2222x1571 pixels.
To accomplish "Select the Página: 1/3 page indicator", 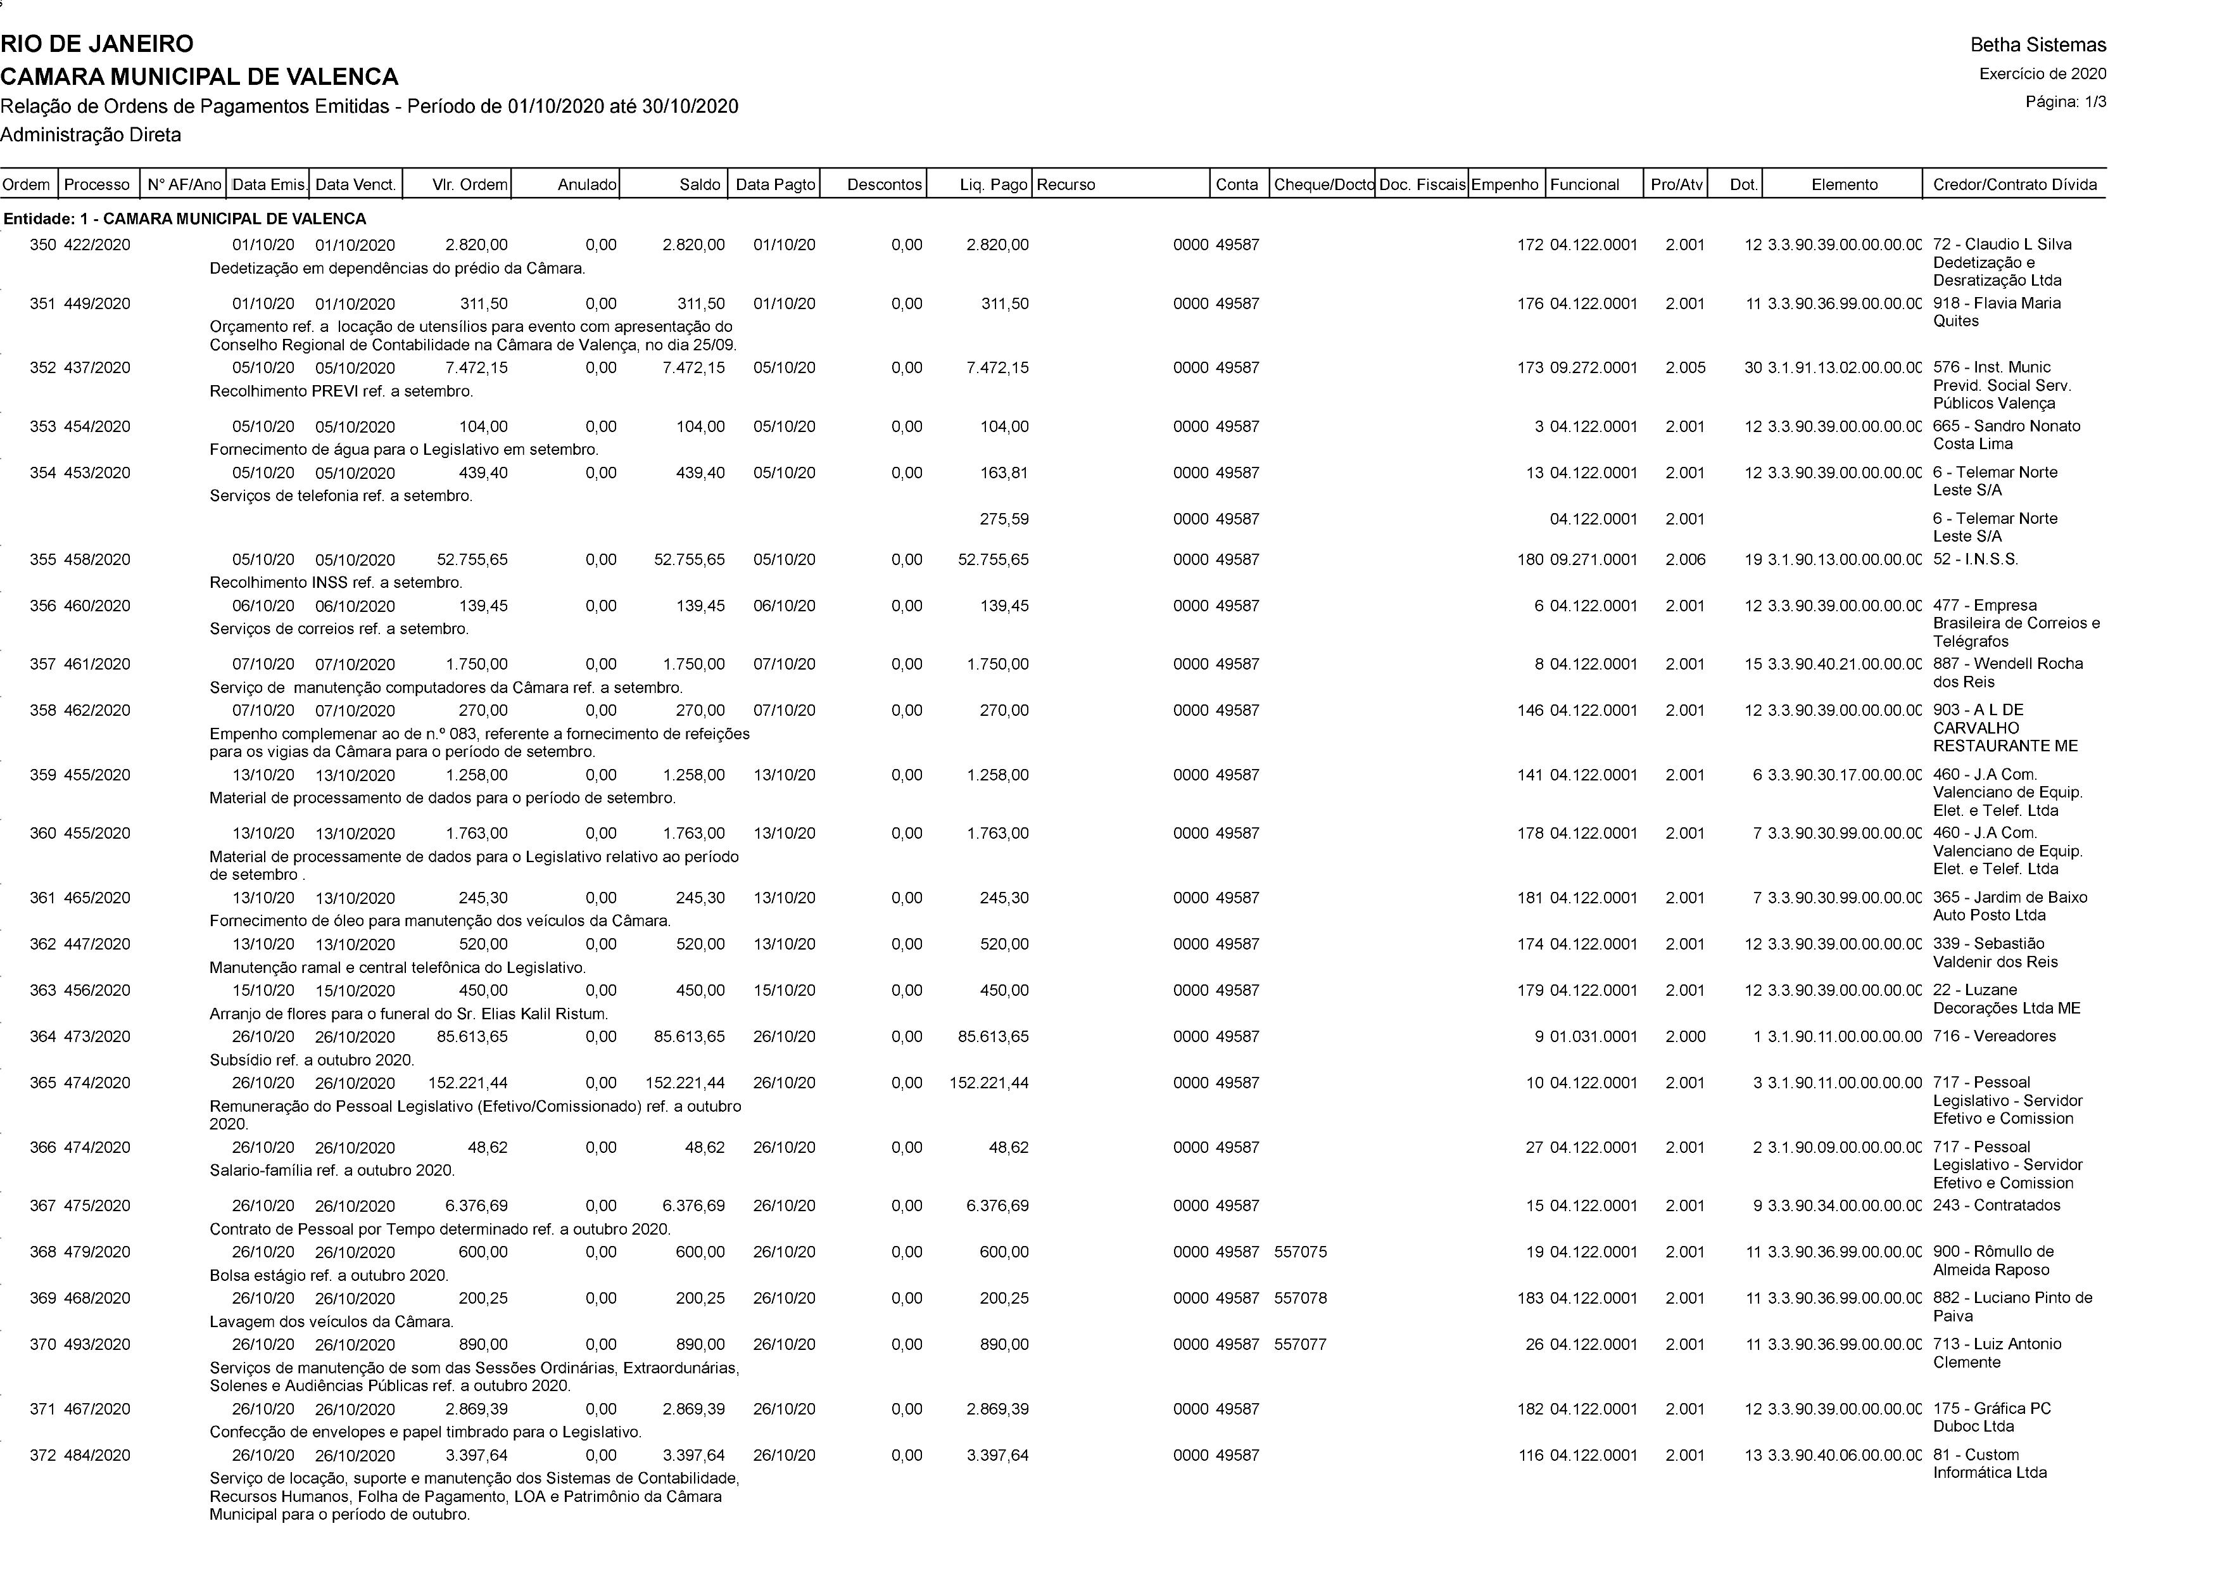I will [2065, 101].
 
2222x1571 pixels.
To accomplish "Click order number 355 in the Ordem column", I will [42, 559].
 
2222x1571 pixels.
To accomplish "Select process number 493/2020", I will [97, 1344].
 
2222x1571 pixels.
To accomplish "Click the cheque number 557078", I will [1301, 1298].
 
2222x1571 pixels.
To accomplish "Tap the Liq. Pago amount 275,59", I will [1004, 519].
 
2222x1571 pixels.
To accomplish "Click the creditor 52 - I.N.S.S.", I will [1975, 559].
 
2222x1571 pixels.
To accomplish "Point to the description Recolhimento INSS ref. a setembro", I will [336, 583].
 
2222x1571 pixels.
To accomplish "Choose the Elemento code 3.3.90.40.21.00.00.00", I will [1845, 664].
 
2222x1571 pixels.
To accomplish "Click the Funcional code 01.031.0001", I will [1593, 1037].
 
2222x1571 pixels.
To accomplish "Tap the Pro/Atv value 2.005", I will [1685, 368].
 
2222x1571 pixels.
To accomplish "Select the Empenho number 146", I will [1530, 711].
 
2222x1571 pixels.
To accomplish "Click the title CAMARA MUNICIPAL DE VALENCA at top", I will [199, 77].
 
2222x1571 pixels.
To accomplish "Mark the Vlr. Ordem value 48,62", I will [487, 1148].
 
